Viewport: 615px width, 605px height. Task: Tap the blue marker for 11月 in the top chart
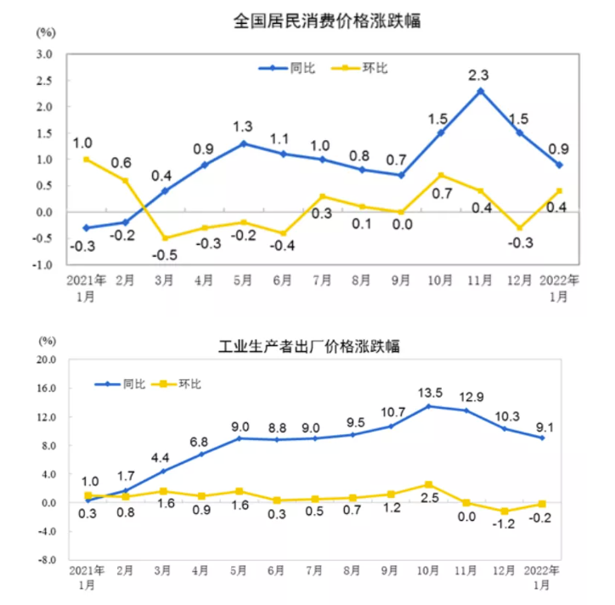pyautogui.click(x=481, y=91)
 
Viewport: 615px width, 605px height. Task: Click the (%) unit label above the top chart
pyautogui.click(x=46, y=33)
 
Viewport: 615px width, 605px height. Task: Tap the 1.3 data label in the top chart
pyautogui.click(x=244, y=127)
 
